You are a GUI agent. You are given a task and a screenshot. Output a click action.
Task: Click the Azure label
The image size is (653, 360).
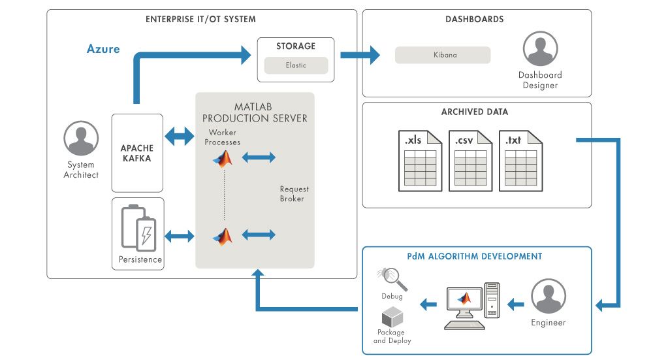(x=103, y=49)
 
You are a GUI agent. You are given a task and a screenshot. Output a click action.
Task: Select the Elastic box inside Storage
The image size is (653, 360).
(x=295, y=65)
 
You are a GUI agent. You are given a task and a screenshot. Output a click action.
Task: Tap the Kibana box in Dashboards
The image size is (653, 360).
(x=443, y=55)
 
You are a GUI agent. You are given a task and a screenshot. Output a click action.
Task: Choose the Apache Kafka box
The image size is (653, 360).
(x=137, y=153)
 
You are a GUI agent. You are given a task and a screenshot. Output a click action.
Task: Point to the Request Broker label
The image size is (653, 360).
(x=292, y=193)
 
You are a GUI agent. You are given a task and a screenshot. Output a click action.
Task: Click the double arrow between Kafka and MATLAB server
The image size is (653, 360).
(x=180, y=138)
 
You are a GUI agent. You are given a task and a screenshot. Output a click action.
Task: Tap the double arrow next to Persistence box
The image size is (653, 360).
(x=180, y=235)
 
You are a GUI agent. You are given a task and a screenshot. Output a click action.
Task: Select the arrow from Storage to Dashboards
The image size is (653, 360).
(x=359, y=55)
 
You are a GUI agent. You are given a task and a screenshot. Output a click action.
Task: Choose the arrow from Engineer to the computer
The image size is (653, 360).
(x=516, y=303)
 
